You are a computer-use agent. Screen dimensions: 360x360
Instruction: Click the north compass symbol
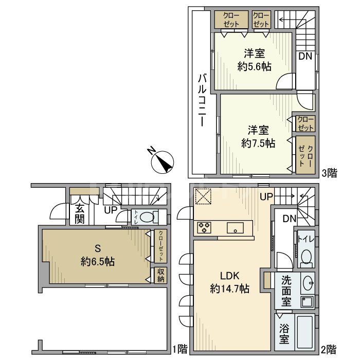pyautogui.click(x=163, y=162)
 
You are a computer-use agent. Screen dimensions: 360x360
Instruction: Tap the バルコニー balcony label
pyautogui.click(x=202, y=100)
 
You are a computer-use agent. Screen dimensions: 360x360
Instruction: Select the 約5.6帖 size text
pyautogui.click(x=255, y=67)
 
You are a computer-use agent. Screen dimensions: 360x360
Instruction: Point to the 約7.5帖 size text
pyautogui.click(x=258, y=143)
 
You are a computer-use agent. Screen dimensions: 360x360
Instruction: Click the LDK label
pyautogui.click(x=230, y=276)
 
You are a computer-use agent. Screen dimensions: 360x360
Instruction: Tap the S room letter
pyautogui.click(x=98, y=248)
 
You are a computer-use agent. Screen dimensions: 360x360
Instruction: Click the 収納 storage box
pyautogui.click(x=160, y=275)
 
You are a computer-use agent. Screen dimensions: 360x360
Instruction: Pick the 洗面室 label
pyautogui.click(x=286, y=291)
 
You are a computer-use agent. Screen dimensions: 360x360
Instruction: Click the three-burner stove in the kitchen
pyautogui.click(x=204, y=227)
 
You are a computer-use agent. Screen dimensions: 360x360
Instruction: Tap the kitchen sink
pyautogui.click(x=235, y=228)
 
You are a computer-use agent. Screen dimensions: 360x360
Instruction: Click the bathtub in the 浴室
pyautogui.click(x=304, y=332)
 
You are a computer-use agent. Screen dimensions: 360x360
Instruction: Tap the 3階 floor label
pyautogui.click(x=330, y=173)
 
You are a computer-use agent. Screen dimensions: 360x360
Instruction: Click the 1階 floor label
pyautogui.click(x=180, y=349)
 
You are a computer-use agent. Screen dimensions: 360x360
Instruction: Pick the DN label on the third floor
pyautogui.click(x=305, y=56)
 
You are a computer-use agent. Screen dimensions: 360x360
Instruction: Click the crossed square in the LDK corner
pyautogui.click(x=203, y=196)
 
